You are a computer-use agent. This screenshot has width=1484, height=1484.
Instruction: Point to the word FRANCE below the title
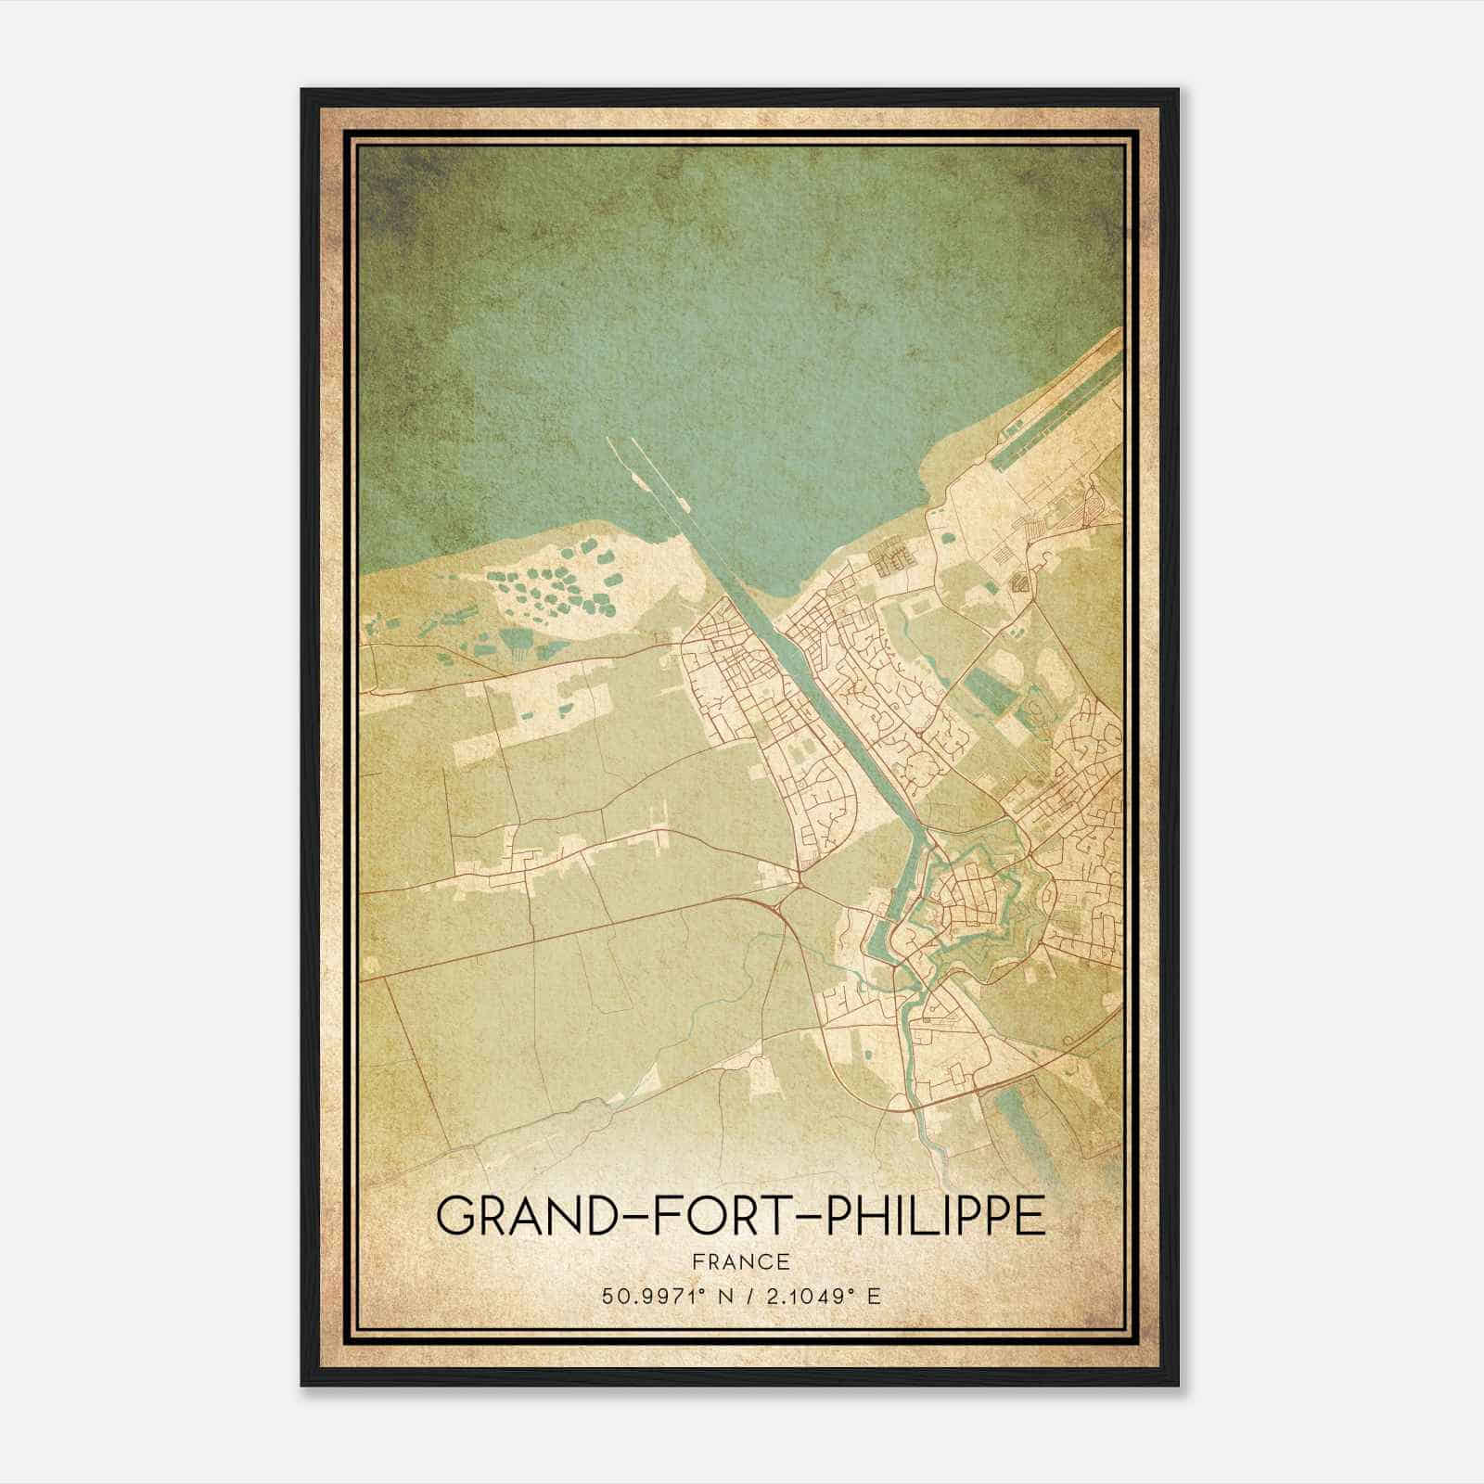point(740,1261)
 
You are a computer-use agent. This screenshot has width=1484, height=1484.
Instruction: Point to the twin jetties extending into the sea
point(649,482)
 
